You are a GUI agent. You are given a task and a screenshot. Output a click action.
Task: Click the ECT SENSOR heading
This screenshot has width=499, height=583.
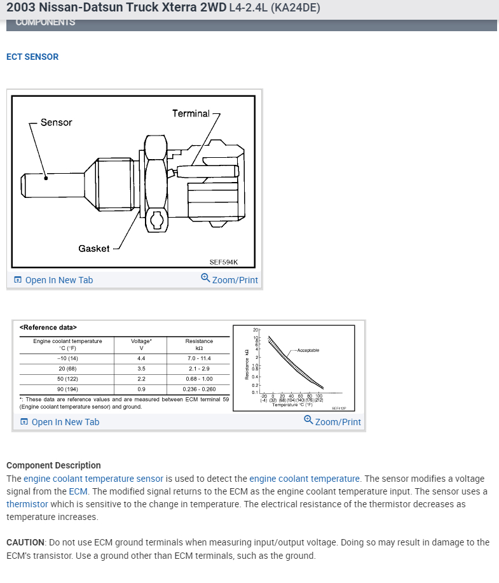pos(32,57)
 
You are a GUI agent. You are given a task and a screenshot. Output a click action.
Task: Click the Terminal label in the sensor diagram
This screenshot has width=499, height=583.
pos(191,113)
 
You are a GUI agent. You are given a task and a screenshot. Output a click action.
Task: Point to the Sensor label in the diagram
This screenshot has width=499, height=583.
pos(57,122)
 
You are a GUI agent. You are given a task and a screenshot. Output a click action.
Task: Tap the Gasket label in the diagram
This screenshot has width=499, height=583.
pos(93,248)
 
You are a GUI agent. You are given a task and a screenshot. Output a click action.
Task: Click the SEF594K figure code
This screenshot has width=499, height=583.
pos(223,262)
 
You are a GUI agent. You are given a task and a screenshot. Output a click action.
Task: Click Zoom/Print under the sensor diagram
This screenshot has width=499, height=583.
pos(229,280)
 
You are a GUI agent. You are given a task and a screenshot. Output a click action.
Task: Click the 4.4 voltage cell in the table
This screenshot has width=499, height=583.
pos(141,358)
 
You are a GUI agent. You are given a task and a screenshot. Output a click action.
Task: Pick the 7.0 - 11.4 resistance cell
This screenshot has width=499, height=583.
pos(199,358)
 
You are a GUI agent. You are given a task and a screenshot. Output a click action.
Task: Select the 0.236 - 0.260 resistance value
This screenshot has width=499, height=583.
pos(199,388)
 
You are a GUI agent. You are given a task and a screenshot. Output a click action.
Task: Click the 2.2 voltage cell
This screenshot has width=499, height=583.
pos(141,378)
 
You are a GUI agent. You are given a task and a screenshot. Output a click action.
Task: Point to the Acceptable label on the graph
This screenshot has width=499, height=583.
pos(308,350)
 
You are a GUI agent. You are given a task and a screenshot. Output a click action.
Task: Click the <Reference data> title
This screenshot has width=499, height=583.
pos(48,328)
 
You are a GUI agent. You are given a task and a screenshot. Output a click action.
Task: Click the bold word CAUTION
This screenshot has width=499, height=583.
pos(25,542)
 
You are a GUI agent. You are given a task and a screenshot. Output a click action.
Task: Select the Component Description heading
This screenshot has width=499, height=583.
pos(53,465)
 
